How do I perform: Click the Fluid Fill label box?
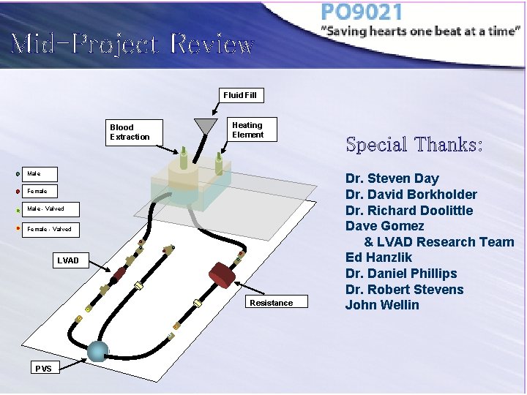pyautogui.click(x=240, y=95)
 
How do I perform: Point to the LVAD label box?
pyautogui.click(x=68, y=260)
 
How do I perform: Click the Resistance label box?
pyautogui.click(x=271, y=303)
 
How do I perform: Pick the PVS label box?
pyautogui.click(x=43, y=368)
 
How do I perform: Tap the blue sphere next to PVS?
pyautogui.click(x=97, y=351)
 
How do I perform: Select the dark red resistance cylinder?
pyautogui.click(x=223, y=275)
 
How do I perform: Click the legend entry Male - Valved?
pyautogui.click(x=45, y=209)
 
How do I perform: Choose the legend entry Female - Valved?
pyautogui.click(x=49, y=230)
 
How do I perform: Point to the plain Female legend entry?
pyautogui.click(x=37, y=191)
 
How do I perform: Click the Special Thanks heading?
pyautogui.click(x=414, y=144)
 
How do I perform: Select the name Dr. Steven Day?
pyautogui.click(x=392, y=178)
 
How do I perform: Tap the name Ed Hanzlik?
pyautogui.click(x=378, y=257)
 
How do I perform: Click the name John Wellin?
pyautogui.click(x=382, y=305)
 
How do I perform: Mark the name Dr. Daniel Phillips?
pyautogui.click(x=401, y=274)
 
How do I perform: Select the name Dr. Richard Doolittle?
pyautogui.click(x=409, y=211)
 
